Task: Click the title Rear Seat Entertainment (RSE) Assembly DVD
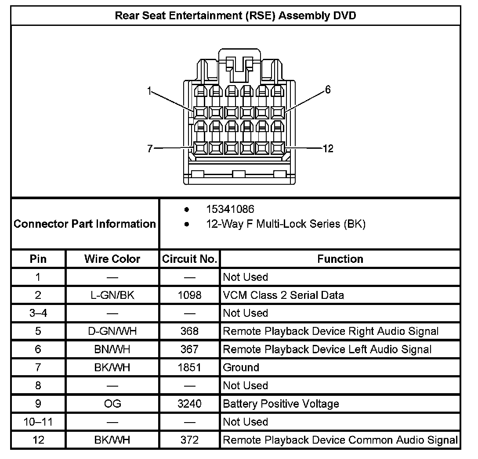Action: point(235,16)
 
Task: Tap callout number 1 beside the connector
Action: point(149,91)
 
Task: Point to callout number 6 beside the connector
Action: point(328,90)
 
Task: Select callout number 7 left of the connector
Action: point(150,149)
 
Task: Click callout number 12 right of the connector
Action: point(328,149)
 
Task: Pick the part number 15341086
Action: point(230,209)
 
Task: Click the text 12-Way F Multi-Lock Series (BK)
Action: point(286,224)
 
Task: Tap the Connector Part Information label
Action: point(85,224)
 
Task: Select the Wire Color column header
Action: point(112,259)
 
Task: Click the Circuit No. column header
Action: point(190,259)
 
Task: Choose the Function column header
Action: point(340,259)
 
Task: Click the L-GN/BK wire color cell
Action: point(112,295)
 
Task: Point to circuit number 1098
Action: point(189,295)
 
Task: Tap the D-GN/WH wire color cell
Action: point(112,331)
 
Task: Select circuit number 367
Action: point(189,349)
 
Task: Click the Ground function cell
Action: point(241,367)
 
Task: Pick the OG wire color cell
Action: point(112,403)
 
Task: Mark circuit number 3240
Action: point(189,403)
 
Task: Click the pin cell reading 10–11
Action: point(38,422)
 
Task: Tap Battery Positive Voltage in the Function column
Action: point(281,403)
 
